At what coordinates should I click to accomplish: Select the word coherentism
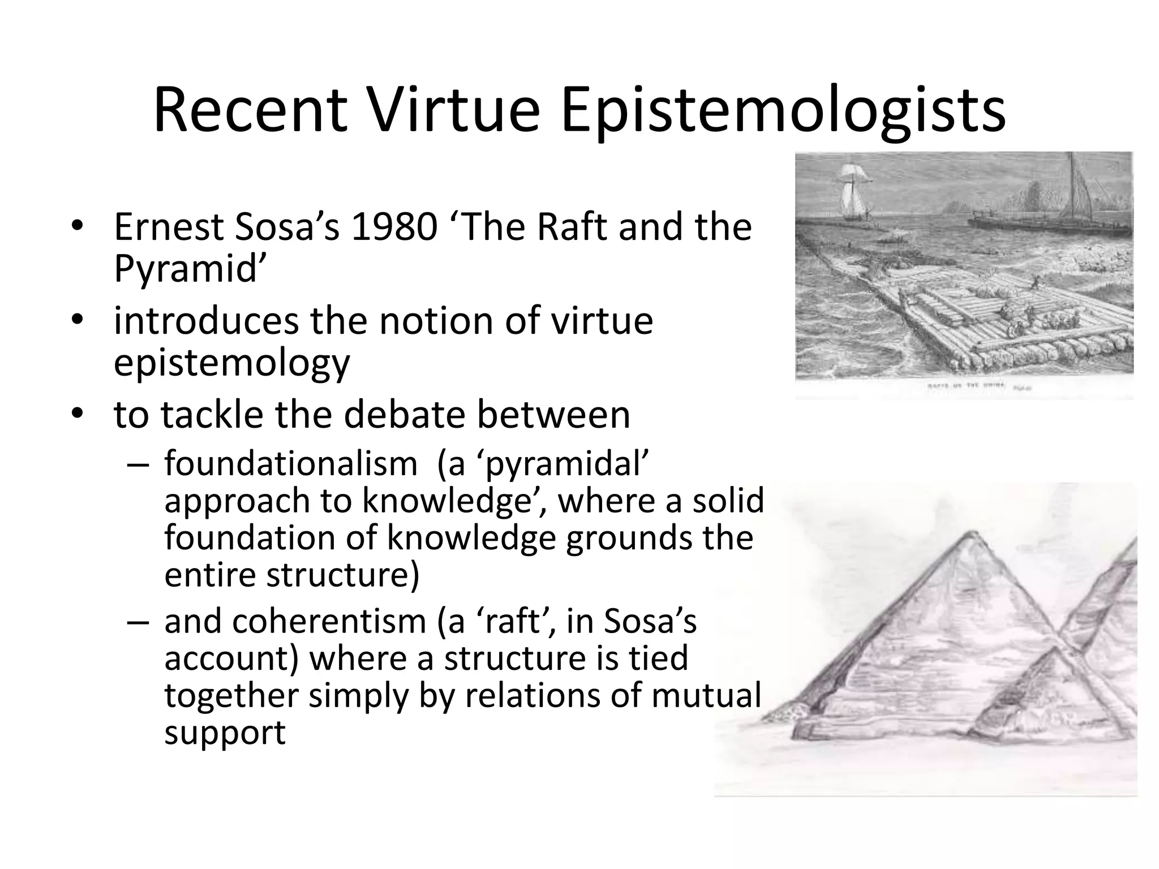(328, 621)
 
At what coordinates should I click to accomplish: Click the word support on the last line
(225, 733)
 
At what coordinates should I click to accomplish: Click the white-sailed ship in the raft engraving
(849, 192)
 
